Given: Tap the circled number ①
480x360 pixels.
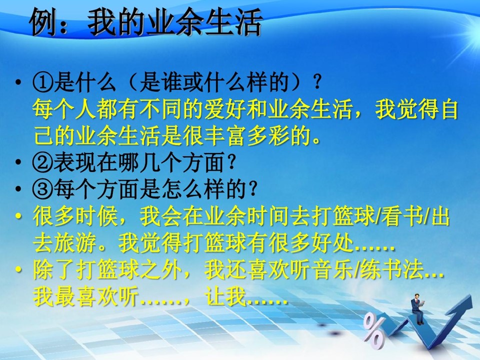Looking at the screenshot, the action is tap(43, 83).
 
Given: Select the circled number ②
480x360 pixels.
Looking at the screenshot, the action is tap(43, 162).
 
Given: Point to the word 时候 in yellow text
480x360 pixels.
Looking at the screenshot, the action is tap(96, 216).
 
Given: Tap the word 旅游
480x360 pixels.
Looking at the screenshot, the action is tap(75, 243).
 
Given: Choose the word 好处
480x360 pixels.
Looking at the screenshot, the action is tap(332, 243).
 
